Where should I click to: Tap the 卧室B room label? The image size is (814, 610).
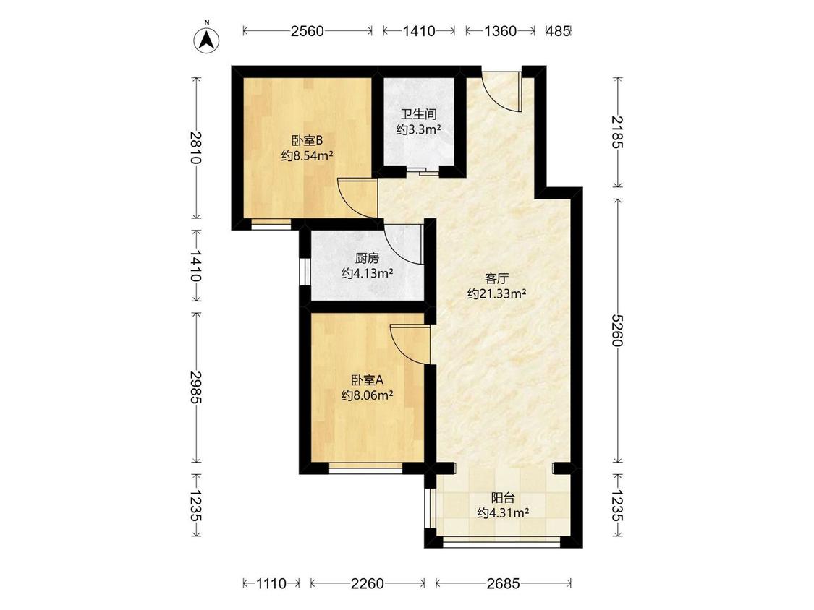(x=307, y=140)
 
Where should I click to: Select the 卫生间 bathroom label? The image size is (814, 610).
(x=418, y=114)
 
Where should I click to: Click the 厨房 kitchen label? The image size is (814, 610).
(x=367, y=258)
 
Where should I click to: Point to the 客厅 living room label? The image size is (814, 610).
(x=497, y=278)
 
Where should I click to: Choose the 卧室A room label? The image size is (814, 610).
(x=367, y=380)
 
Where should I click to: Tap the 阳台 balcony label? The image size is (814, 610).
(x=503, y=498)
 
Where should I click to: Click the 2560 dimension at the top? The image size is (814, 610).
(x=307, y=31)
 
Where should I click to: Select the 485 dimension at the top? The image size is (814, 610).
(x=559, y=31)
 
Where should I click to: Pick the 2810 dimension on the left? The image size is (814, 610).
(x=195, y=148)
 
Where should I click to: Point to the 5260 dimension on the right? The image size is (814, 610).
(x=618, y=330)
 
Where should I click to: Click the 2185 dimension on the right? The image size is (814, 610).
(x=618, y=132)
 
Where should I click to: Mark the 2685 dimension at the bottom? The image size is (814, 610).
(x=503, y=583)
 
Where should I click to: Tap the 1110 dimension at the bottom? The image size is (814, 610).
(x=271, y=583)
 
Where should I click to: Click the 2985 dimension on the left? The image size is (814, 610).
(x=195, y=387)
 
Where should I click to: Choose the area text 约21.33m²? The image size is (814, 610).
(x=497, y=294)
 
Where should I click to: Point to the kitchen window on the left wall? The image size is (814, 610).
(x=305, y=270)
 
